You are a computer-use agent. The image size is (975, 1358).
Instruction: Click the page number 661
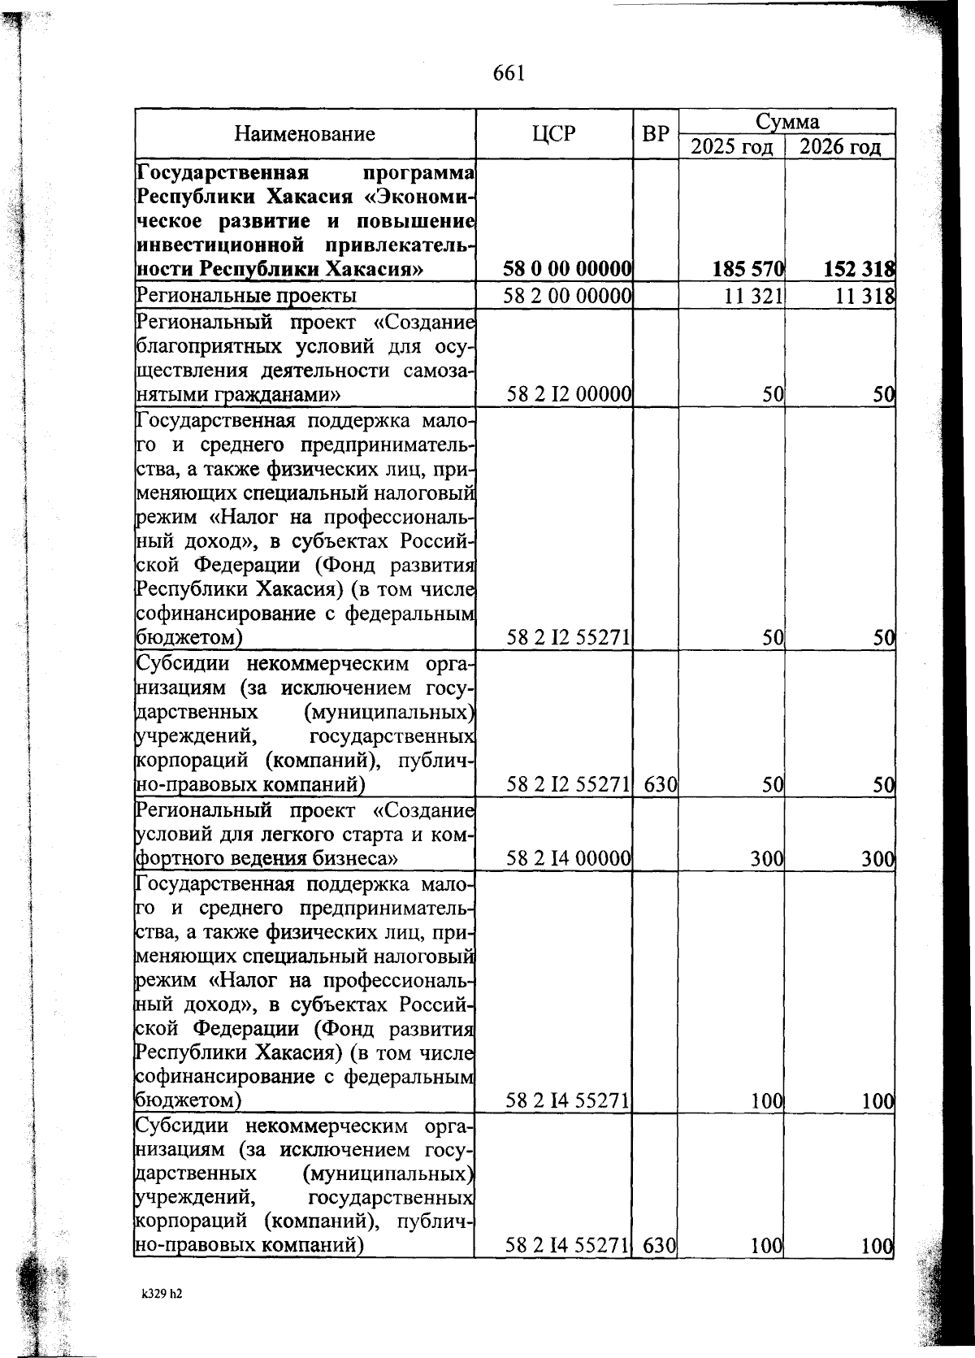[x=509, y=73]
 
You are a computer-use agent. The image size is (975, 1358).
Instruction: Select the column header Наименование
[x=305, y=134]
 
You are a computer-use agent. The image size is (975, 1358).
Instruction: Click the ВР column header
[x=655, y=134]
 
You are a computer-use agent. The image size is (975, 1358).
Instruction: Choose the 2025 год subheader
[x=732, y=147]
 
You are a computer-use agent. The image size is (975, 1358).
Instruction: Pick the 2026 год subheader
[x=839, y=147]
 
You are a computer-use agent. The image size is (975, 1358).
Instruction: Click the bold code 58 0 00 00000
[x=567, y=269]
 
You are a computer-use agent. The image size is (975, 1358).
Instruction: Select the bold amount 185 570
[x=747, y=269]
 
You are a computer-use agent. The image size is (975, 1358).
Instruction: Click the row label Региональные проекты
[x=245, y=296]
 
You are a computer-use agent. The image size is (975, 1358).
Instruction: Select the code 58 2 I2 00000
[x=569, y=395]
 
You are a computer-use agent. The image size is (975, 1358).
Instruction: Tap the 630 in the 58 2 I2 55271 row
[x=660, y=785]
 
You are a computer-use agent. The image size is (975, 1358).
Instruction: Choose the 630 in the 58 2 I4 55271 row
[x=660, y=1245]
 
